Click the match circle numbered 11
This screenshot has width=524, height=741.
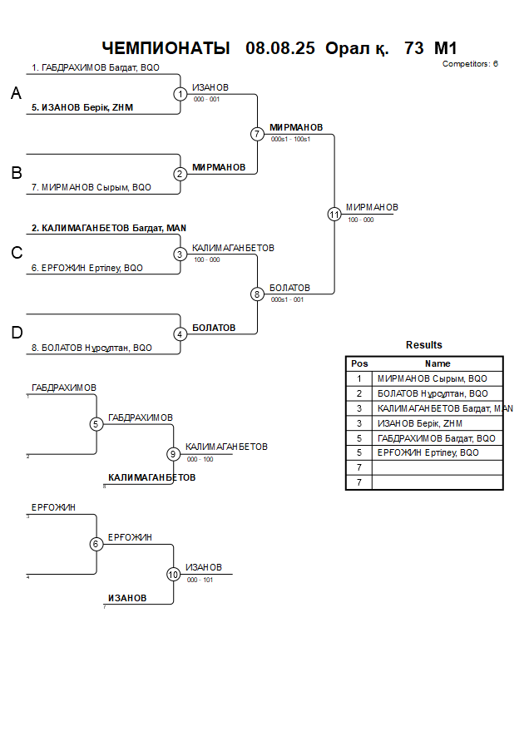pyautogui.click(x=334, y=214)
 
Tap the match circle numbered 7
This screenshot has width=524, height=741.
pyautogui.click(x=257, y=134)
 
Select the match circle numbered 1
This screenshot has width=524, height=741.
pyautogui.click(x=180, y=94)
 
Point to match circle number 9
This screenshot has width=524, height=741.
pyautogui.click(x=173, y=454)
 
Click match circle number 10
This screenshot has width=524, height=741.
pyautogui.click(x=173, y=574)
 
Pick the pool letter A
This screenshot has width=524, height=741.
pyautogui.click(x=16, y=95)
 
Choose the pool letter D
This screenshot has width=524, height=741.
pyautogui.click(x=16, y=333)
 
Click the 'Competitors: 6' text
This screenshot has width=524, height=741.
pyautogui.click(x=470, y=64)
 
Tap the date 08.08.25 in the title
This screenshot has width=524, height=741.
pyautogui.click(x=280, y=48)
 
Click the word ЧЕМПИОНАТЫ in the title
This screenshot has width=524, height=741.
pyautogui.click(x=166, y=48)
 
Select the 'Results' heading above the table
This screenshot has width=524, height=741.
pyautogui.click(x=424, y=345)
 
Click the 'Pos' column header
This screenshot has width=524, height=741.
pyautogui.click(x=359, y=363)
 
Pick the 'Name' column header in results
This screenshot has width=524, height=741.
pyautogui.click(x=437, y=363)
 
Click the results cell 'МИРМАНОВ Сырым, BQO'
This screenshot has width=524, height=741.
pyautogui.click(x=433, y=378)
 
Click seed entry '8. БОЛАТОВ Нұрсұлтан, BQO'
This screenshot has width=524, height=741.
pyautogui.click(x=96, y=348)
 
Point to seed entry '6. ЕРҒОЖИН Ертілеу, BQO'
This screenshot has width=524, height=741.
pyautogui.click(x=92, y=269)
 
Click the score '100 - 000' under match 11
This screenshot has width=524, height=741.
pyautogui.click(x=360, y=220)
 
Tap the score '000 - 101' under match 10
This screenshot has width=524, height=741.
pyautogui.click(x=200, y=580)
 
